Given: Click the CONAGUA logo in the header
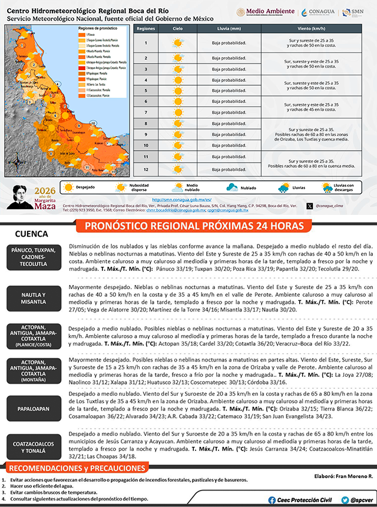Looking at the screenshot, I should coord(319,12).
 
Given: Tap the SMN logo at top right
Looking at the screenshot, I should coord(356,12).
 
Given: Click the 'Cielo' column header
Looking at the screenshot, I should coord(177,28).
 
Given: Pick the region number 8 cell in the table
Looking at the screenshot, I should coord(145,125).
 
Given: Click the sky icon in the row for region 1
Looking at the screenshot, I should coord(177,42).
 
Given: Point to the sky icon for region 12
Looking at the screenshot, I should coord(177,170).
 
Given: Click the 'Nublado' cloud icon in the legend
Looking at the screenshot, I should coord(232,188).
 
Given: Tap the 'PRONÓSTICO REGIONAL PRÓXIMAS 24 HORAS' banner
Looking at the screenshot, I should coord(194,227).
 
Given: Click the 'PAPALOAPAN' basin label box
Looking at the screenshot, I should coord(33,407).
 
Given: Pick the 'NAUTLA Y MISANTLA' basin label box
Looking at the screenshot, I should coord(33,298).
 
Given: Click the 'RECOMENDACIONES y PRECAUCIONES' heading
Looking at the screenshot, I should coord(77,469).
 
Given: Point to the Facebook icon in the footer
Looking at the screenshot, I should coord(272,499).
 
